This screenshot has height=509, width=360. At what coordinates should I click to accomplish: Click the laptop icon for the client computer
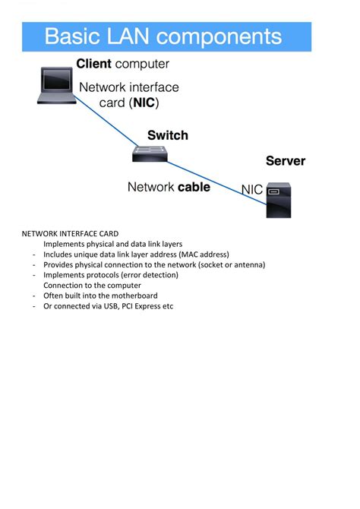tap(57, 85)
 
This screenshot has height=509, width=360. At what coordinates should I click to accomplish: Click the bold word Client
tap(93, 64)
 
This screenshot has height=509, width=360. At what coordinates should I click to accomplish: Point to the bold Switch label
tap(167, 135)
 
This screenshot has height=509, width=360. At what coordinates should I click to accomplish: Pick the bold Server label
tap(285, 161)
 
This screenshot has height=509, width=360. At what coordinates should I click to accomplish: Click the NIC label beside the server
tap(252, 189)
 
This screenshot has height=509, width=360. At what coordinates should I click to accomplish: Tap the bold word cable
tap(194, 186)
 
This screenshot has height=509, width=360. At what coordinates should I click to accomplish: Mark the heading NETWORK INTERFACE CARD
tap(70, 233)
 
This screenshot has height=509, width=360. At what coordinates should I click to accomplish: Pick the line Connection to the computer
tap(81, 286)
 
